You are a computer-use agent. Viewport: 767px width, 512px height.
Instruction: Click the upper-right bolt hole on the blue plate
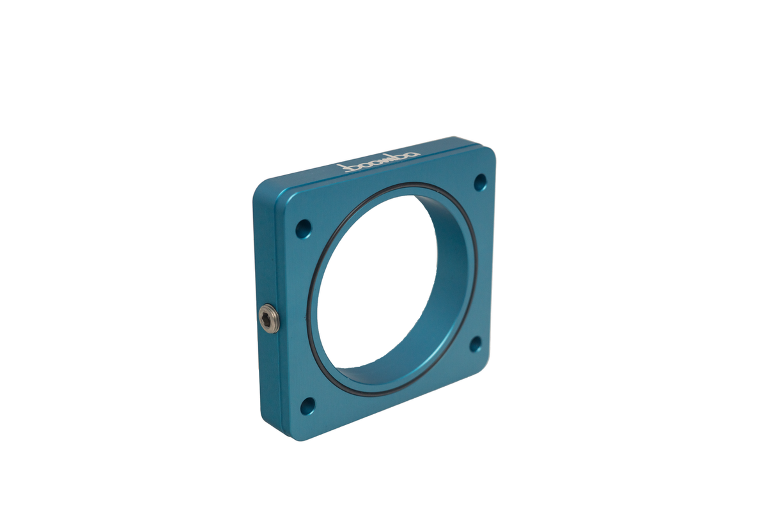click(x=480, y=182)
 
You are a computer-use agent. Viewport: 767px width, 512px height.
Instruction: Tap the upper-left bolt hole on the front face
click(x=304, y=229)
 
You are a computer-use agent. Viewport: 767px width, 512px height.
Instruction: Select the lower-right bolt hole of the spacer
click(x=475, y=344)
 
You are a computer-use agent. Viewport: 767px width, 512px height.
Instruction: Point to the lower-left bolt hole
click(x=307, y=406)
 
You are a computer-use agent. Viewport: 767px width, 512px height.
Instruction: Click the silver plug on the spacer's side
click(x=268, y=318)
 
